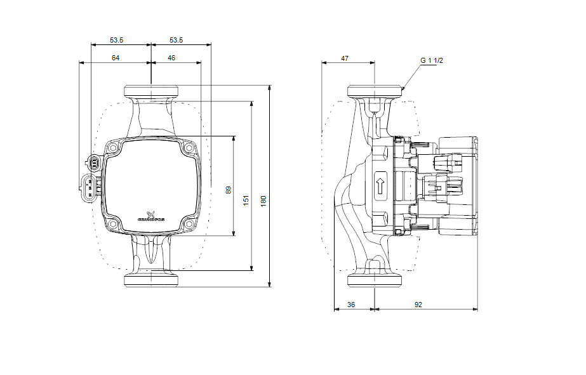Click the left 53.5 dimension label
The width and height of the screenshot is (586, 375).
pyautogui.click(x=116, y=40)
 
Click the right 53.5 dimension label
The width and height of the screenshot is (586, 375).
pyautogui.click(x=176, y=40)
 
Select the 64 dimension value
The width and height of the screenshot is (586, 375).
pyautogui.click(x=116, y=58)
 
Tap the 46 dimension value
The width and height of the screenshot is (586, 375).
pyautogui.click(x=171, y=58)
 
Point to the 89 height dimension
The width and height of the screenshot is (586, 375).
pyautogui.click(x=229, y=189)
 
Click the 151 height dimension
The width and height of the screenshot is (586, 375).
pyautogui.click(x=246, y=200)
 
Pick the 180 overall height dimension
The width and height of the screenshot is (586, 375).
pyautogui.click(x=263, y=200)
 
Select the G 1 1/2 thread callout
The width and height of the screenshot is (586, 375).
pyautogui.click(x=431, y=60)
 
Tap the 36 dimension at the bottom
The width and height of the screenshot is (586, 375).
pyautogui.click(x=351, y=305)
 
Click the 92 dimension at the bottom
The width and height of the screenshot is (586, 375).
pyautogui.click(x=418, y=305)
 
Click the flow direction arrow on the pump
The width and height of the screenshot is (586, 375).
pyautogui.click(x=380, y=186)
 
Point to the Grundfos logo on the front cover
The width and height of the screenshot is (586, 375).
pyautogui.click(x=151, y=216)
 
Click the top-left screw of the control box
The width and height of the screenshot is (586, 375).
pyautogui.click(x=112, y=148)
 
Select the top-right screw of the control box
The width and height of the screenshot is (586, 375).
pyautogui.click(x=189, y=148)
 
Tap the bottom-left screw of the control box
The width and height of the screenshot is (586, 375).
pyautogui.click(x=112, y=225)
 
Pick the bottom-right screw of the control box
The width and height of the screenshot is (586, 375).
pyautogui.click(x=189, y=225)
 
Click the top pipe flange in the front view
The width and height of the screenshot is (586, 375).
pyautogui.click(x=151, y=91)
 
